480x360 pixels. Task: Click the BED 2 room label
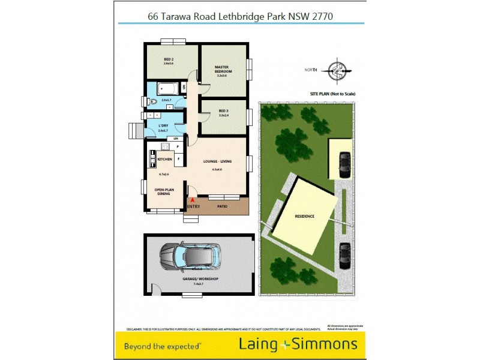pyautogui.click(x=169, y=59)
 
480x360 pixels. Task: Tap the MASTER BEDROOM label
pyautogui.click(x=223, y=70)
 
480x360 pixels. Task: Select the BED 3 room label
pyautogui.click(x=223, y=112)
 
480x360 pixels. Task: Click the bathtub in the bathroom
pyautogui.click(x=166, y=88)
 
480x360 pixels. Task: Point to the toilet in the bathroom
pyautogui.click(x=154, y=103)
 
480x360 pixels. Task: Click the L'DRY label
pyautogui.click(x=163, y=125)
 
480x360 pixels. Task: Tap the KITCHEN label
pyautogui.click(x=165, y=159)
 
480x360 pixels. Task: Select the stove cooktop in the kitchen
pyautogui.click(x=152, y=159)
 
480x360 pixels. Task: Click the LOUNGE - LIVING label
pyautogui.click(x=217, y=161)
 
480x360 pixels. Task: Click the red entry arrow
pyautogui.click(x=193, y=200)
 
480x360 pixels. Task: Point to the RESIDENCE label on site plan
pyautogui.click(x=304, y=216)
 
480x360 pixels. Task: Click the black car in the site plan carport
pyautogui.click(x=344, y=162)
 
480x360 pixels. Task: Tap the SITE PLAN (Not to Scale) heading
pyautogui.click(x=332, y=94)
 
